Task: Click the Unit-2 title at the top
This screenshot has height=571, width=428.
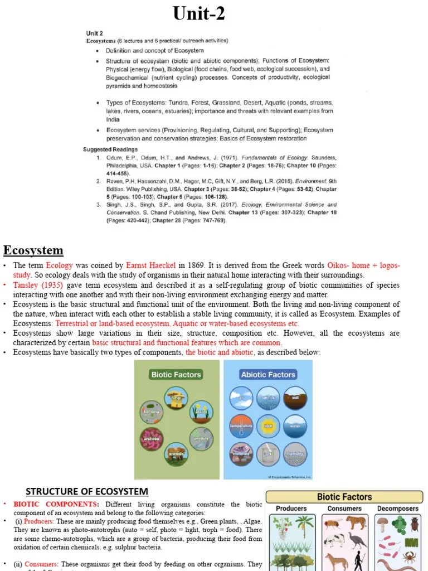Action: pyautogui.click(x=199, y=13)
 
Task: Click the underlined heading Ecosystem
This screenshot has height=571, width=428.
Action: pyautogui.click(x=33, y=249)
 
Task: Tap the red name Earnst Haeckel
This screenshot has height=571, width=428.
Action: pyautogui.click(x=151, y=265)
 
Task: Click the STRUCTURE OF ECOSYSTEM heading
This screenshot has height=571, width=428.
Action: pyautogui.click(x=87, y=491)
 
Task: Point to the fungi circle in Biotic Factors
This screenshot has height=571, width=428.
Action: pyautogui.click(x=176, y=398)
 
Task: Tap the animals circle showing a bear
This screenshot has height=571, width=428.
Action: pyautogui.click(x=176, y=453)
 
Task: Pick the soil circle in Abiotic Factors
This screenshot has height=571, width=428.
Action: pyautogui.click(x=294, y=398)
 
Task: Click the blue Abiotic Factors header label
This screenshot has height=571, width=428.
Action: pyautogui.click(x=267, y=375)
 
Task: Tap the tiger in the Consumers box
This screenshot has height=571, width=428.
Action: pyautogui.click(x=354, y=522)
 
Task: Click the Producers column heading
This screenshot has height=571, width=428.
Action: pyautogui.click(x=291, y=509)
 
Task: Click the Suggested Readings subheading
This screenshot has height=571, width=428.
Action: pyautogui.click(x=110, y=149)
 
